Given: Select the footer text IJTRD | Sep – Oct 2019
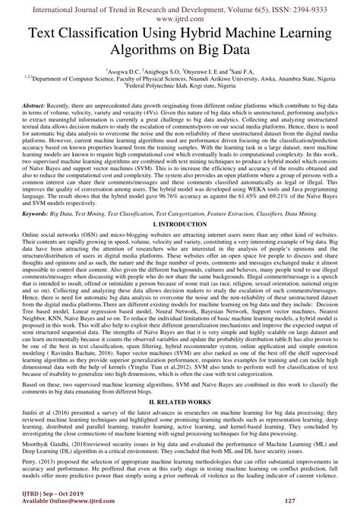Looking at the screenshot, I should pyautogui.click(x=49, y=494).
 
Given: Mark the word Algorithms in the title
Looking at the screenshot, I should pyautogui.click(x=148, y=52).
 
